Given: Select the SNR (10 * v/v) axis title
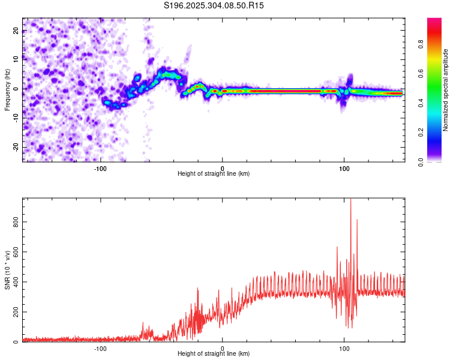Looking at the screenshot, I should coord(7,270).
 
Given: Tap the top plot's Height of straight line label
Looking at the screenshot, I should coord(214,173).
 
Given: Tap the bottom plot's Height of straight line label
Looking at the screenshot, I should coord(214,353).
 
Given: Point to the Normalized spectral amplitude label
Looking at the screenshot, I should coord(445,90).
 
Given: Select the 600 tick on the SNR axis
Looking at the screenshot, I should coord(14,252).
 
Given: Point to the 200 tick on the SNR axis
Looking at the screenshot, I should coord(14,313).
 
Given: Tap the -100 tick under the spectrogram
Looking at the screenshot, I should coord(100,168).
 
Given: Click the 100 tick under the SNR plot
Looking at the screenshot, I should coord(344,348).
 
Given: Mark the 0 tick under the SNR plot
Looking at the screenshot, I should coord(223,348).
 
